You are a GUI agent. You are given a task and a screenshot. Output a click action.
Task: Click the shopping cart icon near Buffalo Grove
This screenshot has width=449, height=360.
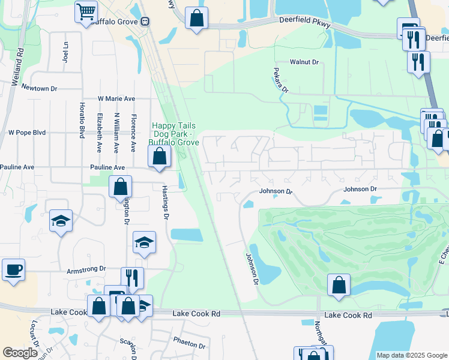click(86, 11)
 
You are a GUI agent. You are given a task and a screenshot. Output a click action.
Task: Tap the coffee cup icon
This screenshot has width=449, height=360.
click(13, 269)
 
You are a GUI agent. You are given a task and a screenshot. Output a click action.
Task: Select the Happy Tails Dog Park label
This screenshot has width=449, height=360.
click(169, 133)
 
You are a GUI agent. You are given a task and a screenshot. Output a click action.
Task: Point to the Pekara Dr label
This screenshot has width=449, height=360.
click(286, 81)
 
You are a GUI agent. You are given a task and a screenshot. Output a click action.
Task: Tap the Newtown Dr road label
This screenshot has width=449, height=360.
click(39, 88)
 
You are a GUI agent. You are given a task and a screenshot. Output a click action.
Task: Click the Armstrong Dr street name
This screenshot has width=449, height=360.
click(86, 269)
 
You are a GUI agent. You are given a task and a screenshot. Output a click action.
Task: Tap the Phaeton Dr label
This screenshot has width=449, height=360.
click(189, 346)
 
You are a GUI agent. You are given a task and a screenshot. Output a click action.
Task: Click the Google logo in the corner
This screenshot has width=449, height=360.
click(20, 353)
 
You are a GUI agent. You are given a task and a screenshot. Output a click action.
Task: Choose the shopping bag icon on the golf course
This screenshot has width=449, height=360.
click(339, 285)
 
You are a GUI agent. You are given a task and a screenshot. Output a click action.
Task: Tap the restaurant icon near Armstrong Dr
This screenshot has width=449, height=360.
click(132, 278)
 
